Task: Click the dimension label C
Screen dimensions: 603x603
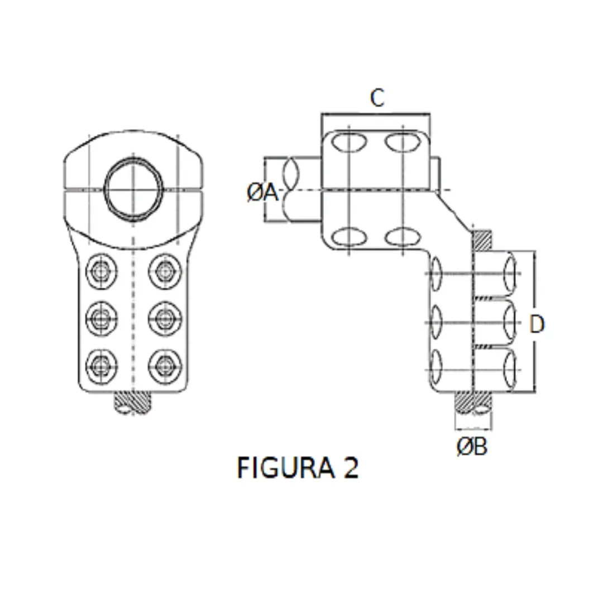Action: pos(377,98)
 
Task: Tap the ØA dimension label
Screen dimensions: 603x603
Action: pos(262,193)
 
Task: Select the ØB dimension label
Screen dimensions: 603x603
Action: pos(472,447)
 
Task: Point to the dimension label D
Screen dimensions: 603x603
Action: pos(537,324)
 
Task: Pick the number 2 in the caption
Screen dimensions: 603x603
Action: pos(350,467)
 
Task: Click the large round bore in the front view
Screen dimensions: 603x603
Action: pos(133,187)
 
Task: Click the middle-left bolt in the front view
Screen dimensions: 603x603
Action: pos(102,318)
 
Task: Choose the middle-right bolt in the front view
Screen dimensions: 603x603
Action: pos(164,318)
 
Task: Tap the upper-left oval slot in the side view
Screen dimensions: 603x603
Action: pos(348,143)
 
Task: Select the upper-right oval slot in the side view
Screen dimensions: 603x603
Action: pos(403,143)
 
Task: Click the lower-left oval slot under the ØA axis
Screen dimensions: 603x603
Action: pos(348,237)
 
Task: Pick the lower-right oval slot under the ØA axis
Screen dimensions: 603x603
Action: pos(403,237)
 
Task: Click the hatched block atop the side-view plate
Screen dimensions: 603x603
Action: pos(482,240)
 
